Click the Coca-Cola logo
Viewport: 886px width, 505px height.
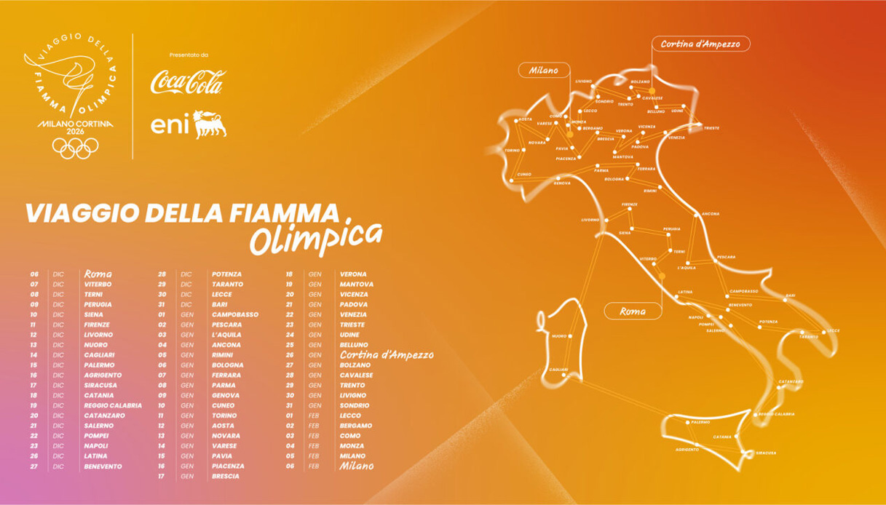pyautogui.click(x=188, y=81)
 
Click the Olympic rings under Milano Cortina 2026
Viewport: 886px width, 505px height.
pyautogui.click(x=75, y=148)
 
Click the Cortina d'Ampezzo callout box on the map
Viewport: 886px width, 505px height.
pyautogui.click(x=700, y=44)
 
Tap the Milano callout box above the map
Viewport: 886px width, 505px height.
pyautogui.click(x=543, y=71)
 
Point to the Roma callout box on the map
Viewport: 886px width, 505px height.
pyautogui.click(x=633, y=311)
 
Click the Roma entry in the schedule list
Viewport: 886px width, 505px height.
pyautogui.click(x=98, y=274)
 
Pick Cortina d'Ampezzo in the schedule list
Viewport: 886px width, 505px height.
pyautogui.click(x=386, y=355)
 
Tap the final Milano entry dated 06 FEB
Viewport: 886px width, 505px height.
pyautogui.click(x=356, y=466)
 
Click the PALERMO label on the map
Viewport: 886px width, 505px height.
pyautogui.click(x=700, y=422)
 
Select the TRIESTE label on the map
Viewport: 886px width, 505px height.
pyautogui.click(x=711, y=128)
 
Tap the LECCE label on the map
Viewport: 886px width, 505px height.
pyautogui.click(x=832, y=331)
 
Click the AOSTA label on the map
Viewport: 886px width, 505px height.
pyautogui.click(x=525, y=119)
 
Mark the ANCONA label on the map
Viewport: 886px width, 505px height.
pyautogui.click(x=710, y=214)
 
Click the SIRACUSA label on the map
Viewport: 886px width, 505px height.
pyautogui.click(x=765, y=453)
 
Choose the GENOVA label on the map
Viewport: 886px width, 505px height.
pyautogui.click(x=561, y=183)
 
